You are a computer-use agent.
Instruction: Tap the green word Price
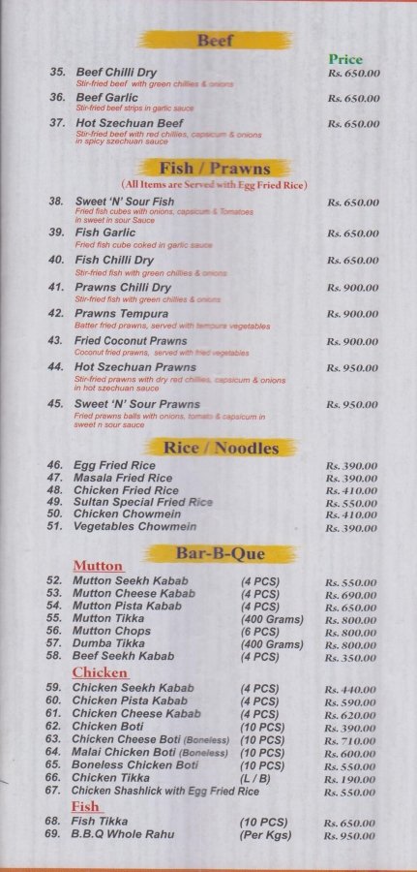click(345, 59)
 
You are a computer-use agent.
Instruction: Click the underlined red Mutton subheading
click(98, 566)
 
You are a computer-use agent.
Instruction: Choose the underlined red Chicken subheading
click(100, 672)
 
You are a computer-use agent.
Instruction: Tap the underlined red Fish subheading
click(85, 806)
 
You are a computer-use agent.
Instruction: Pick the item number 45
click(55, 403)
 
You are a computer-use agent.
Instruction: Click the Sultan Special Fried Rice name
click(142, 503)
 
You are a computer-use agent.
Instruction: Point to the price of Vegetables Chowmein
click(352, 528)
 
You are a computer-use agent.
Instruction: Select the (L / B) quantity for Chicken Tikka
click(257, 778)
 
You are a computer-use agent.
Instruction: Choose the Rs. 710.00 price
click(352, 740)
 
